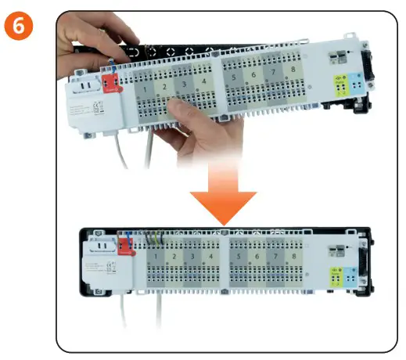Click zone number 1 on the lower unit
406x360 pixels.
click(156, 256)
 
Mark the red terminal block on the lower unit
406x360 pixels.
click(125, 250)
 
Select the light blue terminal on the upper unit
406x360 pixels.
click(357, 82)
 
